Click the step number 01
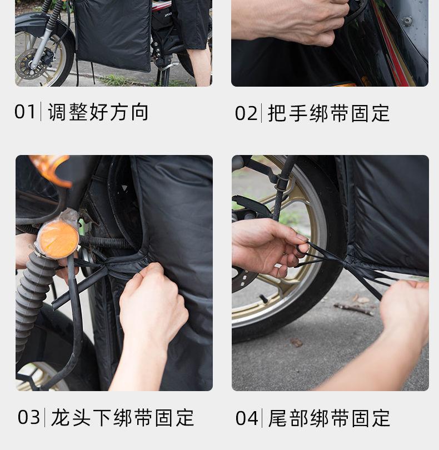click(x=24, y=111)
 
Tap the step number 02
click(x=246, y=113)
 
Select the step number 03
click(x=29, y=417)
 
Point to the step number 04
click(x=246, y=418)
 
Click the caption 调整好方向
click(x=98, y=112)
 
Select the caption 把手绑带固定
click(x=329, y=113)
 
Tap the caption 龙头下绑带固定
click(x=123, y=418)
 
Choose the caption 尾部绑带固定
click(x=329, y=418)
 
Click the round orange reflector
click(x=58, y=239)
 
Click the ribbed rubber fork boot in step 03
click(x=32, y=304)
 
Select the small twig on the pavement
click(x=354, y=308)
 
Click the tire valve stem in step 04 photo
click(x=264, y=298)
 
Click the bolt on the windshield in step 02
click(x=407, y=21)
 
